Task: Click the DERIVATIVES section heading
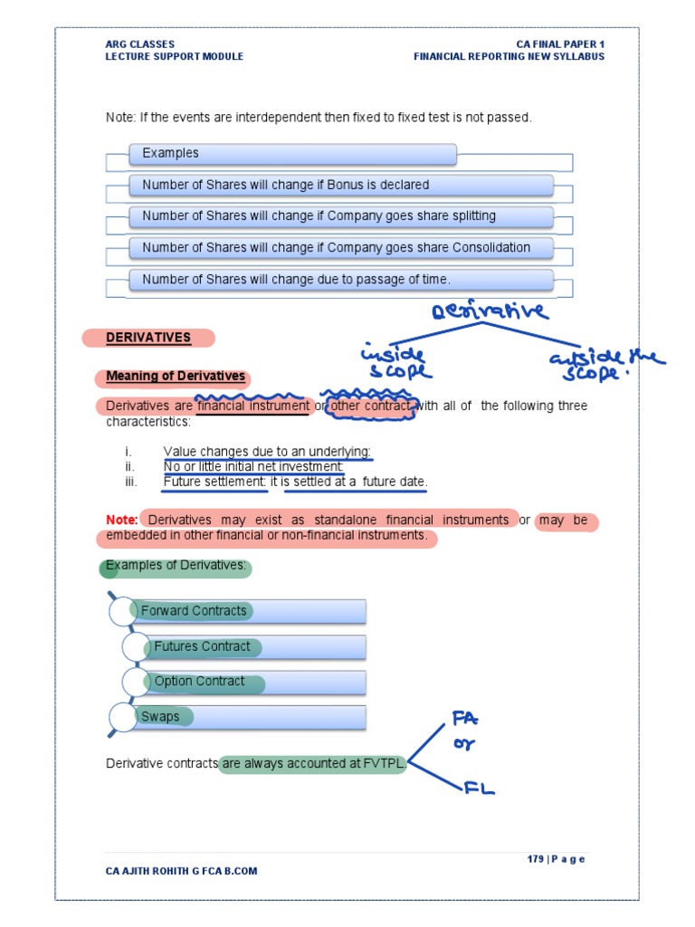coord(148,338)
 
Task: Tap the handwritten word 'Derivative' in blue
coord(490,312)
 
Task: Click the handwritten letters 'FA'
coord(465,720)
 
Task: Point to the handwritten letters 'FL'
coord(479,788)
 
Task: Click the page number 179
coord(536,859)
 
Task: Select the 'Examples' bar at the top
coord(291,154)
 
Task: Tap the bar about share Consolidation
coord(340,248)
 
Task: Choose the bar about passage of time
coord(340,280)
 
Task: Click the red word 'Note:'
coord(122,520)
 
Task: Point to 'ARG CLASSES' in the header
coord(140,44)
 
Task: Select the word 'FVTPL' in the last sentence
coord(384,764)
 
